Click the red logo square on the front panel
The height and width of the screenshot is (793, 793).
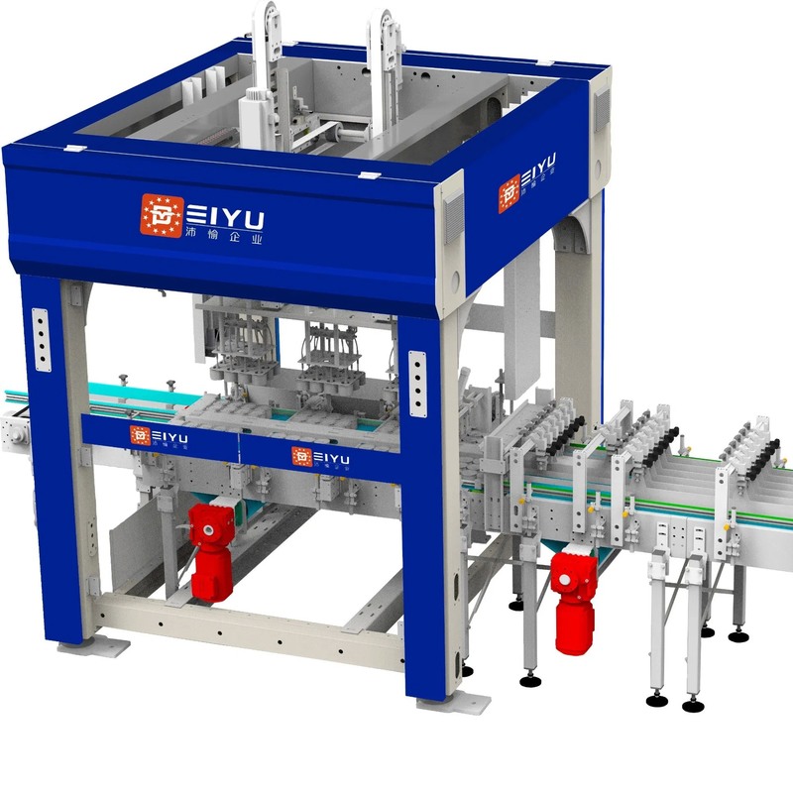pos(162,215)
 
